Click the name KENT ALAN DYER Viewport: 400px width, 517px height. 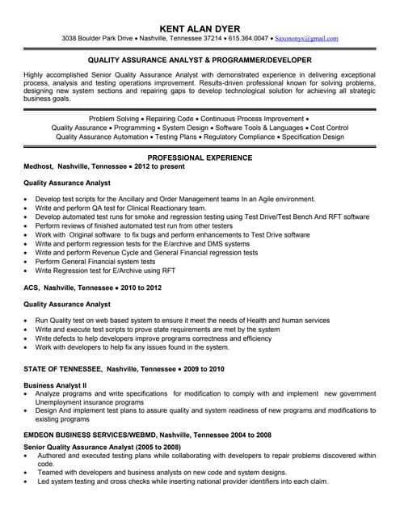coord(200,23)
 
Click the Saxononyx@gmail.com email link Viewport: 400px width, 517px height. coord(306,38)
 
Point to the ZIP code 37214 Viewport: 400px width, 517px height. coord(213,38)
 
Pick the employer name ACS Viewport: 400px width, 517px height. coord(32,287)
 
